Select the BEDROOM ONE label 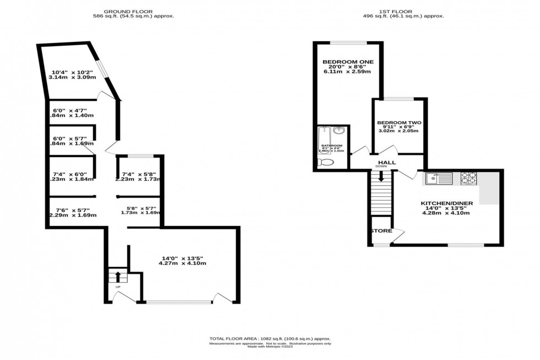pyautogui.click(x=341, y=61)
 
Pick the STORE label pyautogui.click(x=381, y=231)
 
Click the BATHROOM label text pyautogui.click(x=332, y=146)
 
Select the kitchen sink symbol pyautogui.click(x=439, y=178)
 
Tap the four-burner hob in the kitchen pyautogui.click(x=469, y=178)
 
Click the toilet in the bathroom pyautogui.click(x=326, y=162)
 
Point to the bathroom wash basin pyautogui.click(x=340, y=131)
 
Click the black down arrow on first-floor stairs pyautogui.click(x=381, y=176)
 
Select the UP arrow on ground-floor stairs pyautogui.click(x=117, y=276)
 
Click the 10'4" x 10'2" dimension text pyautogui.click(x=73, y=72)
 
